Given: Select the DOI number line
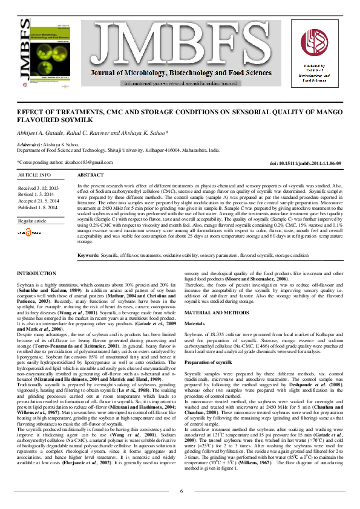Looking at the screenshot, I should (305, 163).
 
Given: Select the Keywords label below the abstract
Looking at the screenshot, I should (90, 256).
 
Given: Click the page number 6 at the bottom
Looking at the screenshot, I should (181, 490).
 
